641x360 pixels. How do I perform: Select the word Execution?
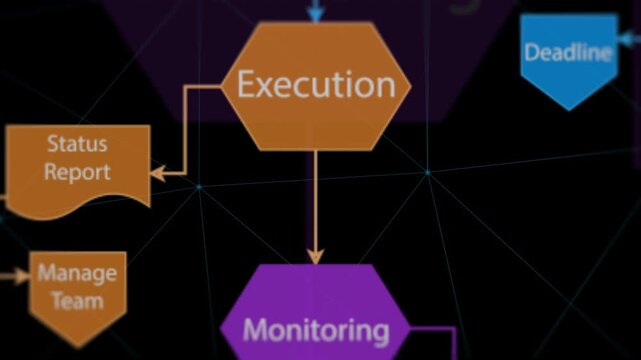(315, 84)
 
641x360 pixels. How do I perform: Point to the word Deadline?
(568, 52)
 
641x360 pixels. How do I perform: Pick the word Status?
(76, 144)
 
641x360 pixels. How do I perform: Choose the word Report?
(76, 171)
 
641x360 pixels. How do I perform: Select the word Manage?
(77, 273)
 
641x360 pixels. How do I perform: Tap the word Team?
(77, 300)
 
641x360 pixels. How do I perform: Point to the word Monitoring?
(316, 329)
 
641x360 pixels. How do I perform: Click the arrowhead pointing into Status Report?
(158, 173)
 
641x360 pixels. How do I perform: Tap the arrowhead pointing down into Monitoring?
(315, 255)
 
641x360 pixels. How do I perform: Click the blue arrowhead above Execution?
(316, 14)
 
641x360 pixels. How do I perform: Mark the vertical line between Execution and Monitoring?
(315, 200)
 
